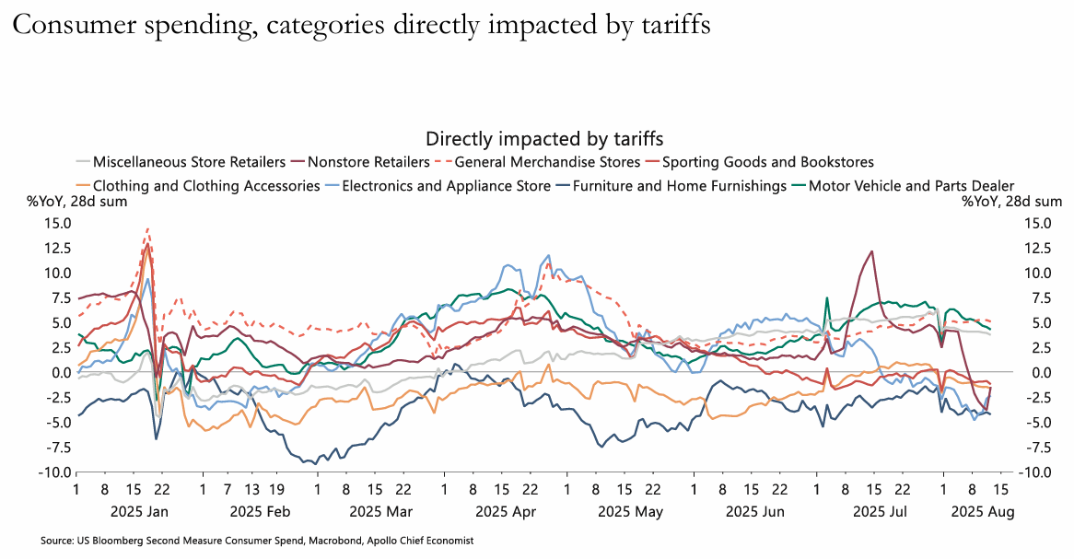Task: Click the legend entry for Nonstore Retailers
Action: click(368, 162)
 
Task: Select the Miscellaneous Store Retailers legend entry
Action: click(189, 162)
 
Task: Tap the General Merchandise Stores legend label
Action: click(547, 162)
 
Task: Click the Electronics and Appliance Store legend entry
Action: click(439, 185)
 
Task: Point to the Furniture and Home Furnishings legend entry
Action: click(679, 185)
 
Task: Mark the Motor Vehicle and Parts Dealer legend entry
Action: click(911, 185)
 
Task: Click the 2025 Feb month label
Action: click(260, 511)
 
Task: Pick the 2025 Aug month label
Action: click(982, 511)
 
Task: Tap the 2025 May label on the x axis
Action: click(630, 511)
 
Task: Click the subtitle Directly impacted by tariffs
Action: click(544, 138)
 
